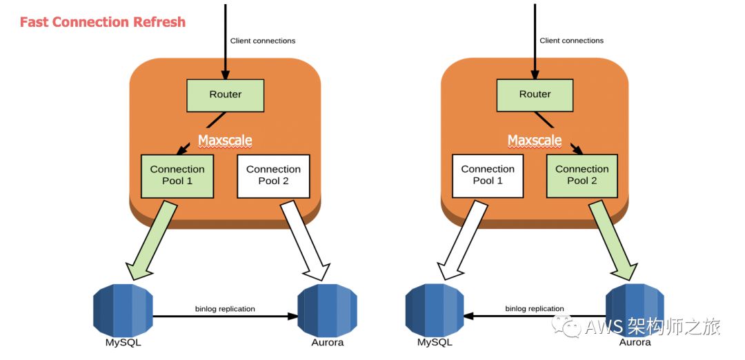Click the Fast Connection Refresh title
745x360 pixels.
tap(103, 22)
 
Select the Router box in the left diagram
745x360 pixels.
tap(225, 95)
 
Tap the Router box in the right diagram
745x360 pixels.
tap(535, 95)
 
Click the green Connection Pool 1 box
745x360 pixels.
tap(177, 176)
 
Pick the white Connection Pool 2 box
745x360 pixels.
tap(273, 176)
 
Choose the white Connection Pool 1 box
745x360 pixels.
tap(488, 175)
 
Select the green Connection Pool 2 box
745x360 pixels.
tap(582, 175)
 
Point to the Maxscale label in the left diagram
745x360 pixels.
tap(225, 141)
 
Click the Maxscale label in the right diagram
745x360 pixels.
tap(535, 141)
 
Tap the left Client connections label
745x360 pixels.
tap(263, 41)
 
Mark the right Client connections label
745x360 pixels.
tap(572, 41)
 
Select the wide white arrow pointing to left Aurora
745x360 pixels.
tap(306, 241)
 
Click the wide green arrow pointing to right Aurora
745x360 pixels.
tap(614, 240)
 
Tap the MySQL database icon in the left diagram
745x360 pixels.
tap(123, 310)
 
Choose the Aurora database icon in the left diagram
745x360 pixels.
tap(328, 310)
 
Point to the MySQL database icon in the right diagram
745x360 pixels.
tap(435, 310)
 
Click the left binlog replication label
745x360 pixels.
tap(225, 309)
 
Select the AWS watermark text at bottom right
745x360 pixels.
tap(636, 327)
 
